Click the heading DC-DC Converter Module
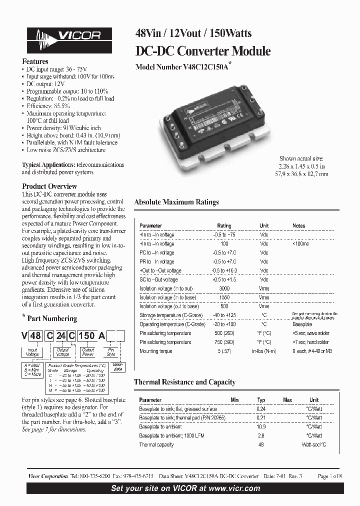203,51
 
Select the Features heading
35,61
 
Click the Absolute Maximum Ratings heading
176,202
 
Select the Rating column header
224,226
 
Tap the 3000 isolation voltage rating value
224,288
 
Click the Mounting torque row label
156,351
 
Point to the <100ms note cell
300,244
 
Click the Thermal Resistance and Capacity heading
184,382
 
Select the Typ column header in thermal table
260,400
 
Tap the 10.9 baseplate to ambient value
260,426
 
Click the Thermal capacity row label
156,444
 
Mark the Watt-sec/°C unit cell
313,444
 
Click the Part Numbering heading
52,318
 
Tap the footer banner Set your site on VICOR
185,488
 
